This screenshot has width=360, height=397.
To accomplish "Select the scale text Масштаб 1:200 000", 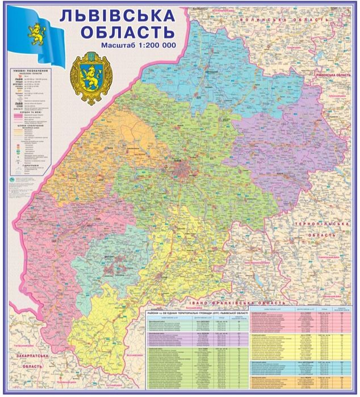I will pos(139,45).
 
